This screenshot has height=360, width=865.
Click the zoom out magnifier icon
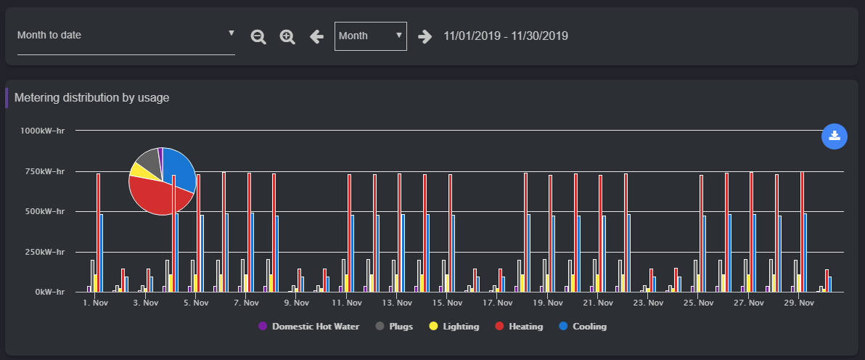tap(258, 36)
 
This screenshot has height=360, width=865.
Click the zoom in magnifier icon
tap(287, 36)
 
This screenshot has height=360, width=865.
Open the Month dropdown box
tap(370, 36)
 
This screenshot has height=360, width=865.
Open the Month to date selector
tap(126, 35)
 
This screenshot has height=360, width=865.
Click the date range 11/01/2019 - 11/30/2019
tap(506, 36)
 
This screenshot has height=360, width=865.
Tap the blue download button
tap(835, 136)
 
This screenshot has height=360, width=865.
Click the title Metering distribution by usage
tap(92, 97)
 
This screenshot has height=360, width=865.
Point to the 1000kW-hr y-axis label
tap(43, 131)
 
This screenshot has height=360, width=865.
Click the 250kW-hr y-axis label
tap(43, 252)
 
